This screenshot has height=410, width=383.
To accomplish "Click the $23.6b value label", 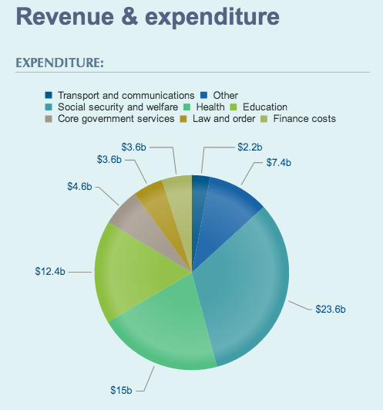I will pos(331,309).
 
